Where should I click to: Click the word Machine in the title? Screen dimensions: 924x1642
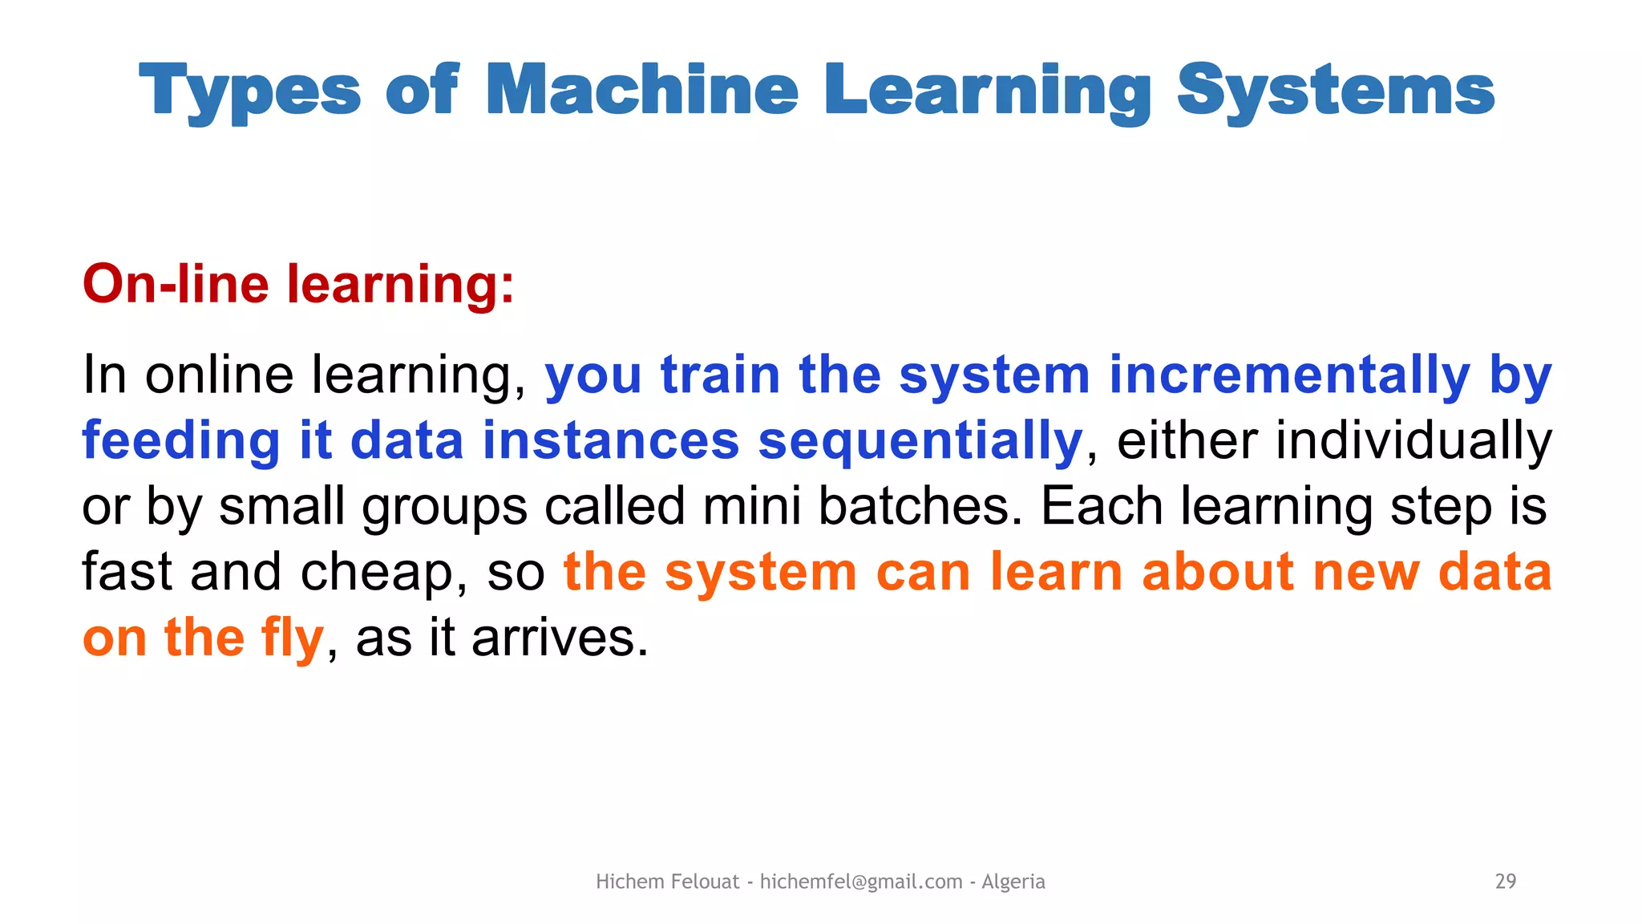[641, 90]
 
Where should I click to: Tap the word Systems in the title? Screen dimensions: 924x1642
[1335, 90]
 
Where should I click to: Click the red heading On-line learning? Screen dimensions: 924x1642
[298, 284]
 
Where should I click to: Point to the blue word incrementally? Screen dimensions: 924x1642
[1289, 375]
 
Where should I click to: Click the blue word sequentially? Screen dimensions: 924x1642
[920, 441]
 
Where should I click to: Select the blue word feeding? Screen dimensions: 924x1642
[181, 441]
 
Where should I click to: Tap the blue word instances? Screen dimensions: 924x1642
[611, 441]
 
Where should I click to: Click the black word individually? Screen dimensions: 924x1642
[1413, 441]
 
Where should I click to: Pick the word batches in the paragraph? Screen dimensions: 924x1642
[920, 507]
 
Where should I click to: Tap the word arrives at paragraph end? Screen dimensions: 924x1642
[559, 638]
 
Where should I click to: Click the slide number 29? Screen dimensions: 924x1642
[1505, 881]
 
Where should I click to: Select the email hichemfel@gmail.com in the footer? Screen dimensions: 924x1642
[861, 881]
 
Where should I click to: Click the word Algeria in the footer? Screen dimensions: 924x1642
[1013, 881]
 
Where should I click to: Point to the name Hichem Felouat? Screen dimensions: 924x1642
[667, 881]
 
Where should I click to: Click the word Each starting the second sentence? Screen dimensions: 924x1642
[1101, 507]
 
